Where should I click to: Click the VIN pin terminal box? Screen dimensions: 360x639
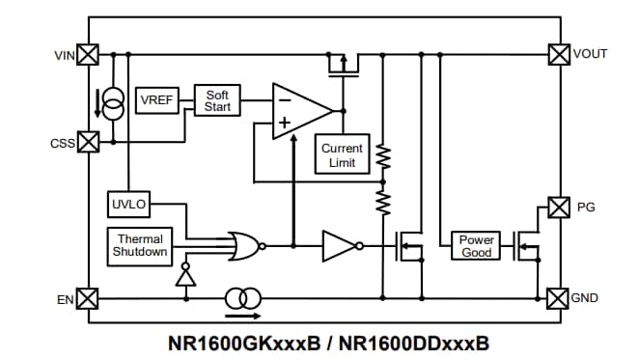[x=88, y=54]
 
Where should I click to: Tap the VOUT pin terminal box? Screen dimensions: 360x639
[x=558, y=54]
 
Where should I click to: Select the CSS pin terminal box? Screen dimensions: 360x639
[x=88, y=142]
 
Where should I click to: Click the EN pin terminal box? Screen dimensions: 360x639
[x=88, y=298]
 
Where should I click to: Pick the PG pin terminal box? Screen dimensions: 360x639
[x=558, y=207]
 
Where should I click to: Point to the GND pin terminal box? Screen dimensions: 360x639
[x=558, y=298]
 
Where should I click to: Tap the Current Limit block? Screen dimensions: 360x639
[x=343, y=154]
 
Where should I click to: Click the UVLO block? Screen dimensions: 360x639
[x=127, y=205]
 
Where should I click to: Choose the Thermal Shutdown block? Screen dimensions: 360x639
[x=140, y=245]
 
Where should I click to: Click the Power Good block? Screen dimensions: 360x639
[x=476, y=245]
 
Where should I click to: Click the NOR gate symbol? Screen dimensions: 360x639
[x=245, y=245]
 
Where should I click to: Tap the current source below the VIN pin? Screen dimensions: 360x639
[x=113, y=102]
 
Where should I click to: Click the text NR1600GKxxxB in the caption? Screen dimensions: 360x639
[x=244, y=343]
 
